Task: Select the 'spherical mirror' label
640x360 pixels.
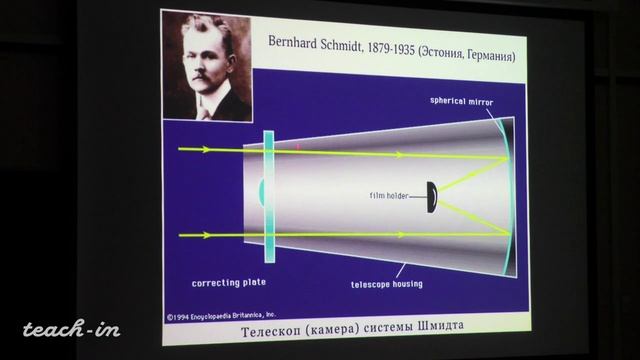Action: pyautogui.click(x=462, y=101)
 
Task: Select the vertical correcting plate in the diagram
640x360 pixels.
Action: pyautogui.click(x=268, y=195)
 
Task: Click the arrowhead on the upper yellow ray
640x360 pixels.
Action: pyautogui.click(x=203, y=149)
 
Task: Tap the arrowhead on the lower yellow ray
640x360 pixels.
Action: pyautogui.click(x=203, y=237)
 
